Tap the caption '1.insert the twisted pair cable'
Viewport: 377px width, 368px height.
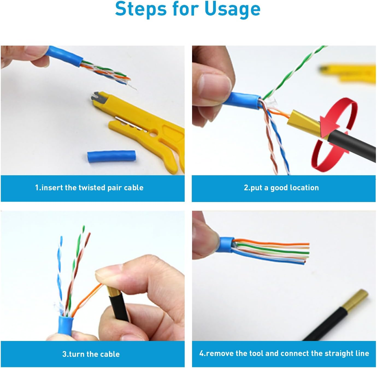pos(89,188)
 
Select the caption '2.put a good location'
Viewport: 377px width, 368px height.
pos(281,188)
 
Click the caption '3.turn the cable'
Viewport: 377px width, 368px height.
pos(91,354)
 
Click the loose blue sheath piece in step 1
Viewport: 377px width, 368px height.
pos(111,156)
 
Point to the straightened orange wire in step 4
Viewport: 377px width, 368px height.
pos(273,242)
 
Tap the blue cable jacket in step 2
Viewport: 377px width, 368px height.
pos(245,100)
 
